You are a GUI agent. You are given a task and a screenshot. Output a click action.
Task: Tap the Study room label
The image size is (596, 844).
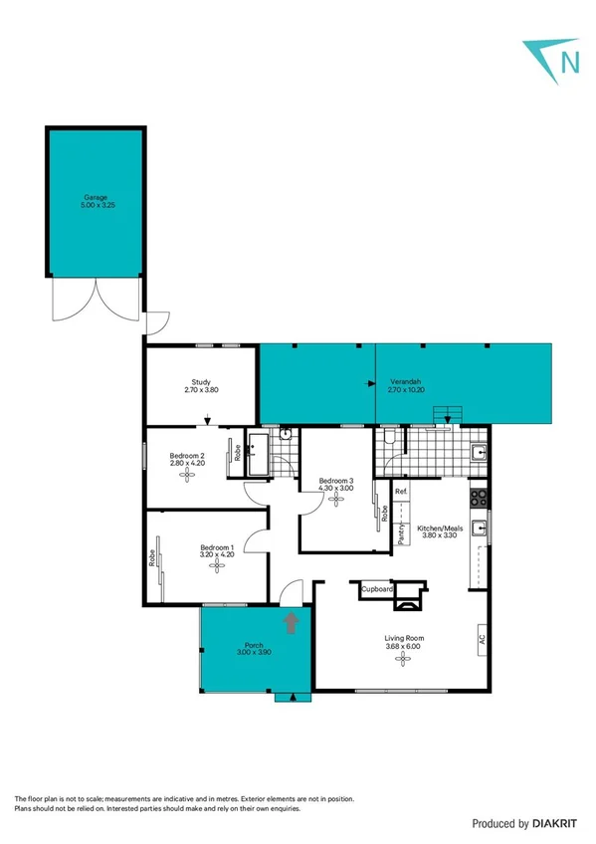click(201, 385)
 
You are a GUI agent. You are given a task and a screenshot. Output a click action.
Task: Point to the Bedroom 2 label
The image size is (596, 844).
click(187, 458)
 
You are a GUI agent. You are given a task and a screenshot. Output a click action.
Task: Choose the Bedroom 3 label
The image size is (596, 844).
click(335, 484)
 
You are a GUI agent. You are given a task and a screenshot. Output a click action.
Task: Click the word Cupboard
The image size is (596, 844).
click(377, 589)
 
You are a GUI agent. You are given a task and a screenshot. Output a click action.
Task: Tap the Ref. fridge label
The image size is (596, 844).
click(401, 493)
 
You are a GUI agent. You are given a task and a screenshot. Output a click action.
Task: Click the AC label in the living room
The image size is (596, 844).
click(482, 639)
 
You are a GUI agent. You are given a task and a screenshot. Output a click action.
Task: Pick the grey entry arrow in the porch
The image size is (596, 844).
click(292, 623)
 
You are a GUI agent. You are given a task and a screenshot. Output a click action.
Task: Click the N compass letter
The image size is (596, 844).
click(570, 62)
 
